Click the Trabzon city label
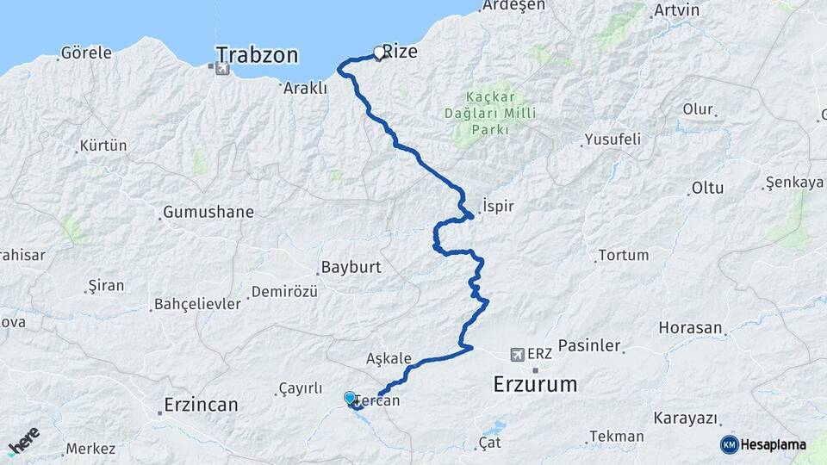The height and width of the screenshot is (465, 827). (x=257, y=55)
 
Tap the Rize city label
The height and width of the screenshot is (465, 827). (x=400, y=52)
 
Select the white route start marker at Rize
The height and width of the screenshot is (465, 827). (x=379, y=53)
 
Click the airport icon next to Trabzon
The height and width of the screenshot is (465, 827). (x=222, y=69)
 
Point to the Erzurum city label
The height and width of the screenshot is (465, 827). (x=535, y=384)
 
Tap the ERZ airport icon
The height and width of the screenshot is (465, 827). (x=518, y=353)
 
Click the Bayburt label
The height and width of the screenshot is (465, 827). (x=351, y=267)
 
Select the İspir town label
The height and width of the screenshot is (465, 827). (x=498, y=207)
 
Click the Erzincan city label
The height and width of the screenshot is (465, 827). (x=202, y=404)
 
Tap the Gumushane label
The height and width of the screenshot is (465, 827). (x=208, y=212)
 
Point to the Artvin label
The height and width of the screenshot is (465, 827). (x=676, y=10)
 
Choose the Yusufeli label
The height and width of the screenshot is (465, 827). (x=612, y=139)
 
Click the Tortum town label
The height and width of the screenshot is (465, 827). (x=623, y=255)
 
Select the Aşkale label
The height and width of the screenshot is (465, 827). (x=389, y=358)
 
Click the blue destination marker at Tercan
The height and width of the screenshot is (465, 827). (x=350, y=398)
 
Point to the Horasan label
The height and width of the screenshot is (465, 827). (x=690, y=328)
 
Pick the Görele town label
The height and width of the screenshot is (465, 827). (x=86, y=53)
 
